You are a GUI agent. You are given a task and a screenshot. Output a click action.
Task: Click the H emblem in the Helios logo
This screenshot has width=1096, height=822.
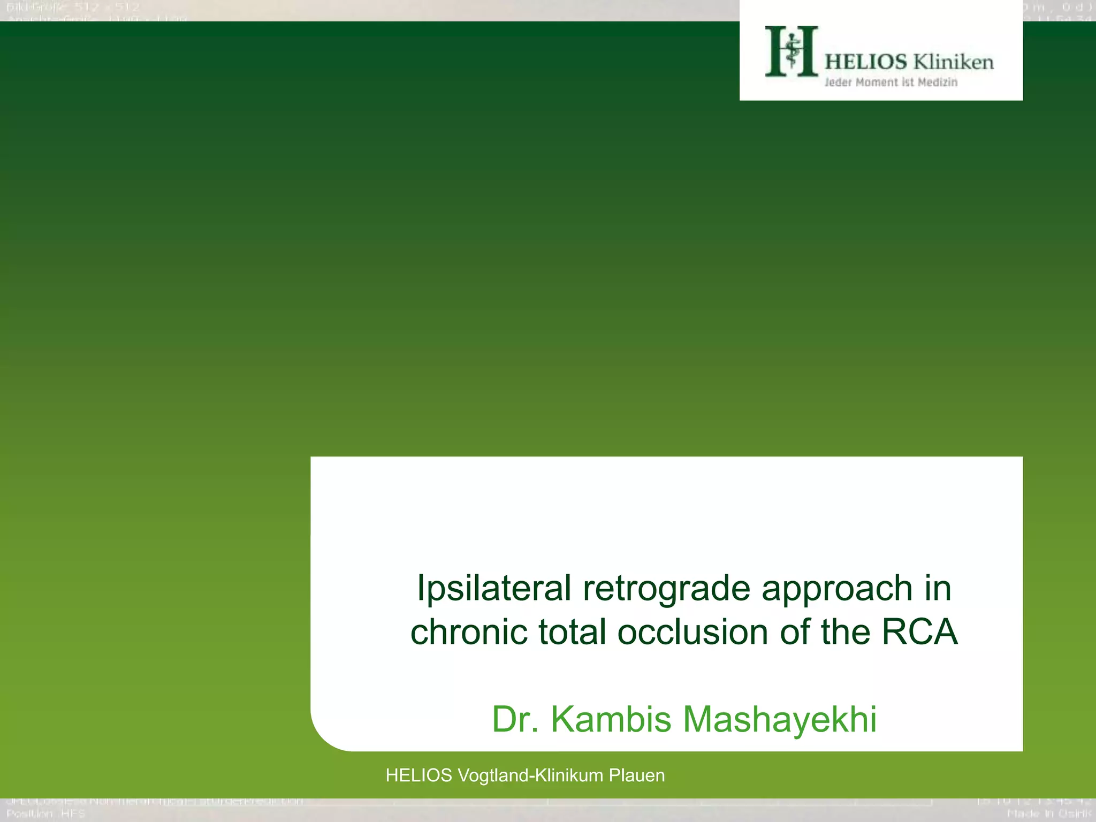point(791,51)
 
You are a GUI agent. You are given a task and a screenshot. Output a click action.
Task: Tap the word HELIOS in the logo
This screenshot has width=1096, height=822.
point(865,62)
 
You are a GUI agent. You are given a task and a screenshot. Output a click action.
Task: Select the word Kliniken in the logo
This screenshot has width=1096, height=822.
point(953,62)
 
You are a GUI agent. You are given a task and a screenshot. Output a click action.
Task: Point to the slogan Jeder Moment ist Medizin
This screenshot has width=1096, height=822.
point(890,82)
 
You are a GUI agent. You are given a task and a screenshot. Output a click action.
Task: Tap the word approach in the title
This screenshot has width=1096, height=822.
point(837,589)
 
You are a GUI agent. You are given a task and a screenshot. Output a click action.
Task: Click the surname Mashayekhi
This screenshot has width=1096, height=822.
point(780,719)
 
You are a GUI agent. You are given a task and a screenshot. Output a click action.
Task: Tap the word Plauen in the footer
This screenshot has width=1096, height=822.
point(637,775)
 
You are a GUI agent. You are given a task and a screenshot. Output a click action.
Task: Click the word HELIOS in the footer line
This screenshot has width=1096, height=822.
point(419,775)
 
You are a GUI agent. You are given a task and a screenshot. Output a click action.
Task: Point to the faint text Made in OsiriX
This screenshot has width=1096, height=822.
point(1049,814)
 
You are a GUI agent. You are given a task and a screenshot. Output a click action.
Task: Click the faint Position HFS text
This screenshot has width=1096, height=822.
point(46,814)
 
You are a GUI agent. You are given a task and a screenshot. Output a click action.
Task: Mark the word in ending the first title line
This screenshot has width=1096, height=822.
point(938,589)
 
